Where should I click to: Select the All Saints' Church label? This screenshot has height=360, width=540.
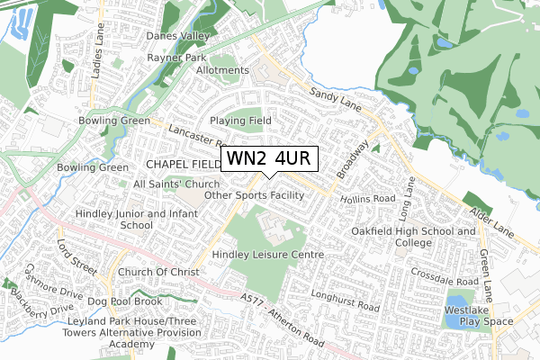coord(175,184)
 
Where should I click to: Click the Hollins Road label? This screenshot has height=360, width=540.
coord(369,198)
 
